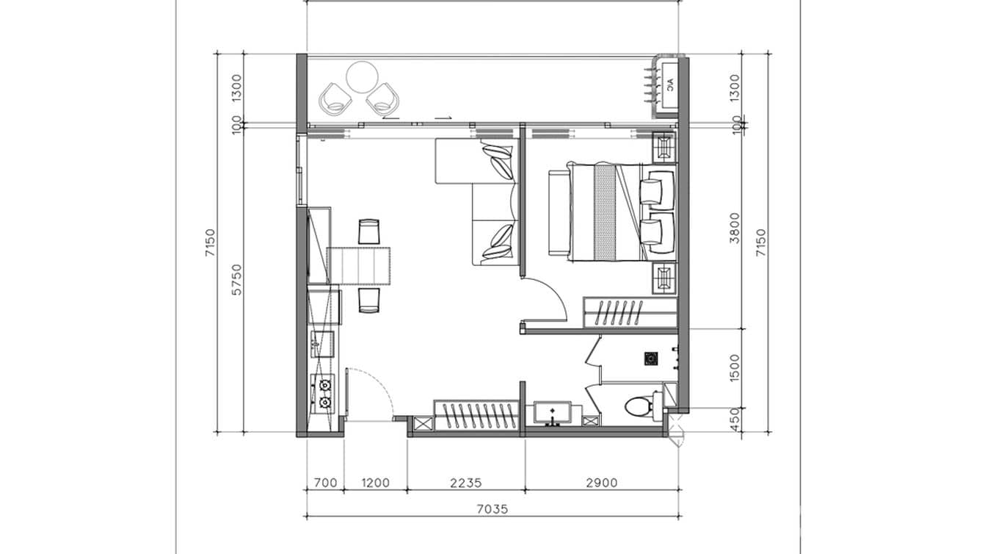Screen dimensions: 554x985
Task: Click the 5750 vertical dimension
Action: [237, 280]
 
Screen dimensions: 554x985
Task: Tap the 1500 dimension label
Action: [735, 367]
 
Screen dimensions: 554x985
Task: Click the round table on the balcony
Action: [361, 77]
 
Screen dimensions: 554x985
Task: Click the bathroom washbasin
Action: [553, 414]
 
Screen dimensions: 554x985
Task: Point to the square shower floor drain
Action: [650, 359]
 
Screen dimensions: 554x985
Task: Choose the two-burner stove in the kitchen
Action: [324, 392]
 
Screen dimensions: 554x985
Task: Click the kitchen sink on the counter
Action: [321, 342]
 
